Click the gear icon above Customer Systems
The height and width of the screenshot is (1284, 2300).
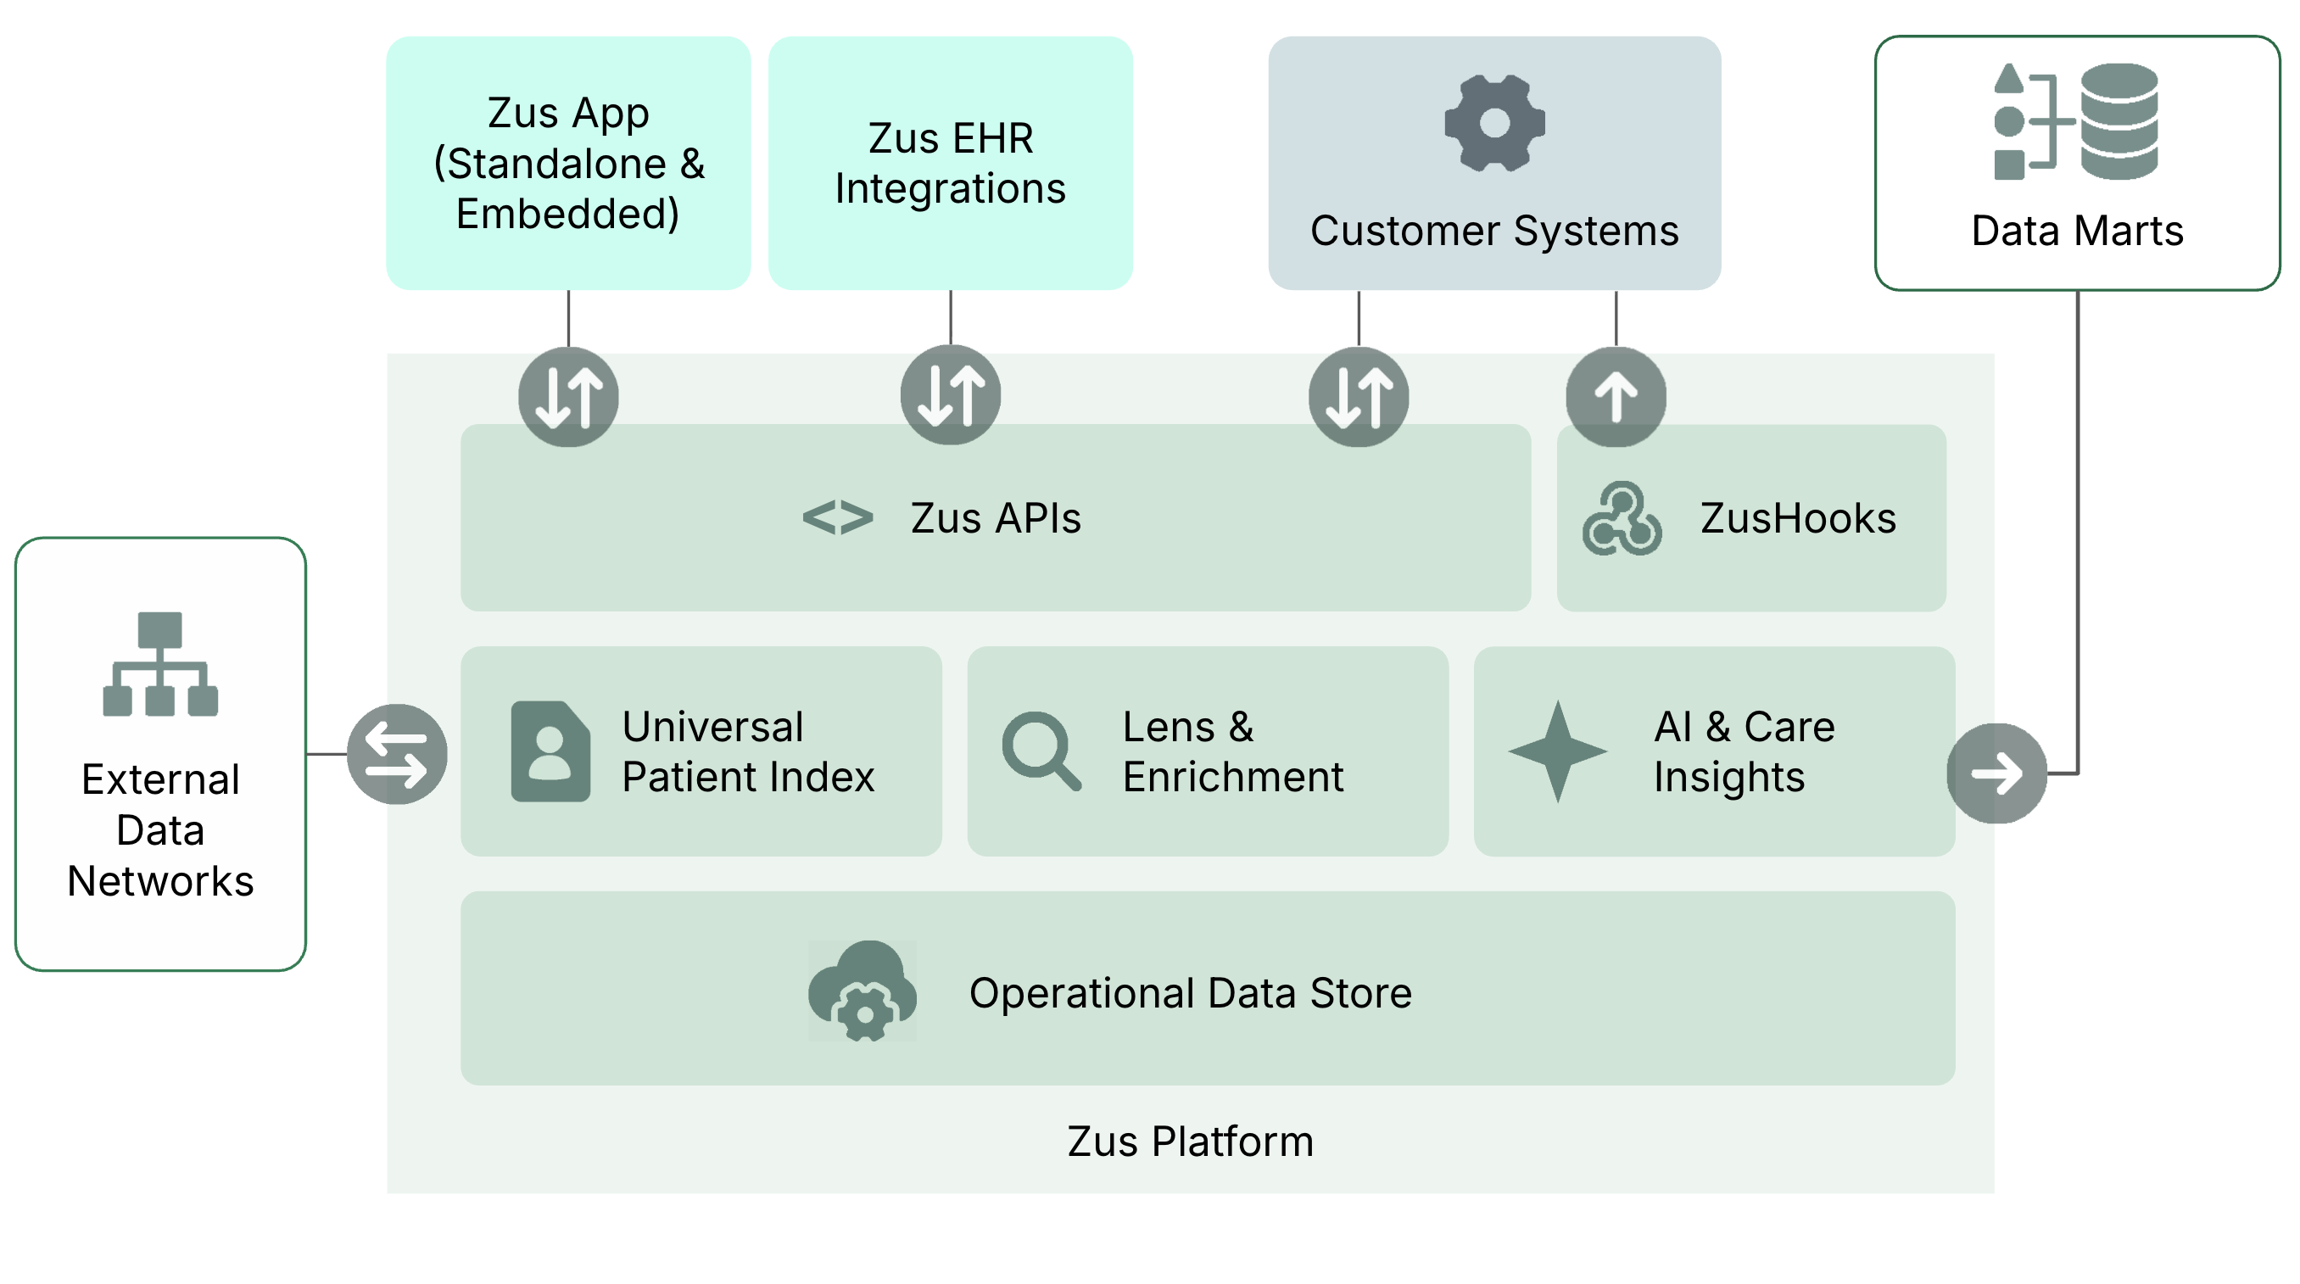[1493, 123]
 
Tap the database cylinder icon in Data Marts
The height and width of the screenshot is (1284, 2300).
[2119, 121]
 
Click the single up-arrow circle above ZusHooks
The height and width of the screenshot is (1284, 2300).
[1616, 396]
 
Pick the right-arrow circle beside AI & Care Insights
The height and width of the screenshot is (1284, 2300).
[1996, 773]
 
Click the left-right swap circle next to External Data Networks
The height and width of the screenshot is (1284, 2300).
[397, 754]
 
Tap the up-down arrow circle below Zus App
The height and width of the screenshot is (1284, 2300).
[569, 396]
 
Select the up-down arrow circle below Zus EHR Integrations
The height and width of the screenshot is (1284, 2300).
[950, 394]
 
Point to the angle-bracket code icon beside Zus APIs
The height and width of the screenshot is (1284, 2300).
[838, 518]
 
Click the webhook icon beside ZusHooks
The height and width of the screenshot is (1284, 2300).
[1622, 519]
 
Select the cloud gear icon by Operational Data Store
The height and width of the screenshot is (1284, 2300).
[862, 991]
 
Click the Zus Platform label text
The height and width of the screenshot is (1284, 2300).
[1190, 1142]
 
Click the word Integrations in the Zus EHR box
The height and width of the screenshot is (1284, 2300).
[950, 189]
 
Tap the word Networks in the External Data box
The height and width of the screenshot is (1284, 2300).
[161, 881]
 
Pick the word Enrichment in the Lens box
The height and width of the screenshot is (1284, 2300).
[1232, 777]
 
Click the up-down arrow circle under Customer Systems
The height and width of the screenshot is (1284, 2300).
[1358, 396]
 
